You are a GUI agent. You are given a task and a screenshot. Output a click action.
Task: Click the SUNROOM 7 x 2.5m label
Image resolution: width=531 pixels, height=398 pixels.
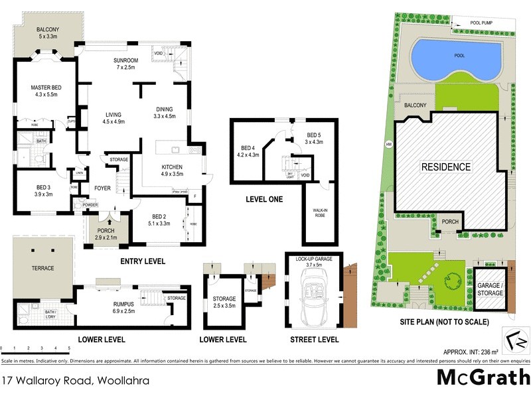click(x=125, y=63)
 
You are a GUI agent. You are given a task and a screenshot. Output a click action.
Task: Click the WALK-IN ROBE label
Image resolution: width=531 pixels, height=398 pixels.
click(x=321, y=213)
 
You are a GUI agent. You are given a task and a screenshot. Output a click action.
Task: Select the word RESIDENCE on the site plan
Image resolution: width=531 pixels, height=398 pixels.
click(x=446, y=167)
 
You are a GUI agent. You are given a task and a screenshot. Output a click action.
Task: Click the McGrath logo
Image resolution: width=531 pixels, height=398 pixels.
click(x=483, y=377)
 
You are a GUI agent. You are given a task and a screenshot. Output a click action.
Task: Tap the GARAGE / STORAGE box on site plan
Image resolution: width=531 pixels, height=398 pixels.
click(x=491, y=289)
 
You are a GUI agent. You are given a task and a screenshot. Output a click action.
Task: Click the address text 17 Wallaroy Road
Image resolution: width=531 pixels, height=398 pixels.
click(x=74, y=381)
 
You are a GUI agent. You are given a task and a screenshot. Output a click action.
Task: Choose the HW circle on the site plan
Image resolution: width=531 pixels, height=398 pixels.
click(x=389, y=145)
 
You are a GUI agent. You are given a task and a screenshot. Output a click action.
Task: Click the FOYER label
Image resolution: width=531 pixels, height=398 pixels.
click(x=102, y=188)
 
